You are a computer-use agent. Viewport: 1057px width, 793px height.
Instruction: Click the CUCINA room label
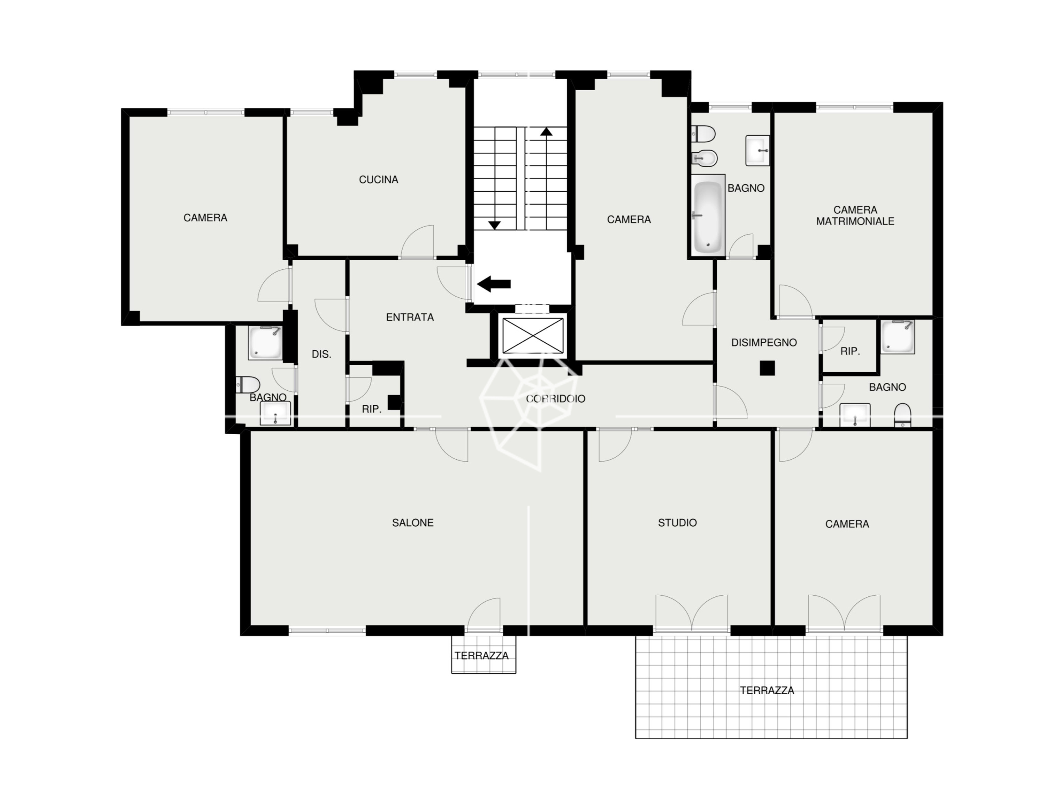tap(379, 180)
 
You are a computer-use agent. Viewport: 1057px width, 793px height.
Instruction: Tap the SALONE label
tap(413, 523)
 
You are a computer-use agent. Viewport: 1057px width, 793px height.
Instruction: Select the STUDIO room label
tap(677, 523)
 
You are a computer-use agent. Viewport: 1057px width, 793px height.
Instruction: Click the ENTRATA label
tap(410, 317)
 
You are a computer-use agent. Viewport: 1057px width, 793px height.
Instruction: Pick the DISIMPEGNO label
tap(764, 343)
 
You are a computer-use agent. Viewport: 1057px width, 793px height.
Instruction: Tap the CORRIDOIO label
tap(555, 399)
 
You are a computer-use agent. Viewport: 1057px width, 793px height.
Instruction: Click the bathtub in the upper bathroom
tap(708, 216)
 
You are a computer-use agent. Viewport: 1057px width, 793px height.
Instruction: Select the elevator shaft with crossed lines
tap(533, 335)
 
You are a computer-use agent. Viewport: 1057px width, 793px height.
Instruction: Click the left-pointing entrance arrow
tap(494, 284)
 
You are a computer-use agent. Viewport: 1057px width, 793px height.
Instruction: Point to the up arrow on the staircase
tap(546, 131)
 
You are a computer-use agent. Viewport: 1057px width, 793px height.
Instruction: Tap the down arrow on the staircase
tap(494, 225)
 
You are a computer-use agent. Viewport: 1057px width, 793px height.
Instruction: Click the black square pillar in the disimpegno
tap(767, 368)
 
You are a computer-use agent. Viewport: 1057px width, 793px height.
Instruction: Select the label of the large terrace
tap(767, 691)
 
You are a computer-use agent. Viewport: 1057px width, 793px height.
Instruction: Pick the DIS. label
tap(321, 354)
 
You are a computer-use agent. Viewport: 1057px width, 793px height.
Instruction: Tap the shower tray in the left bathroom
tap(265, 343)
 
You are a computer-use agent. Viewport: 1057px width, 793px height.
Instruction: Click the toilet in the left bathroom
tap(247, 384)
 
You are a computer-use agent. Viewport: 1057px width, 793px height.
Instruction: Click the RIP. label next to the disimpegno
tap(850, 351)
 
